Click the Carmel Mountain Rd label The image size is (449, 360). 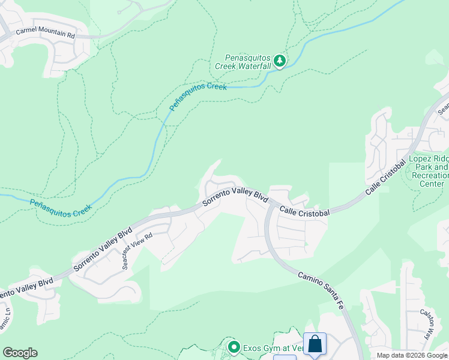pos(46,34)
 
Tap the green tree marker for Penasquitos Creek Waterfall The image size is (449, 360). pos(279,61)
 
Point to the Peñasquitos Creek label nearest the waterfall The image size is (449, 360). pos(198,96)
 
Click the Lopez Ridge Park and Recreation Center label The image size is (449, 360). pos(428,171)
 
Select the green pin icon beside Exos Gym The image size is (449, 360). pos(234,347)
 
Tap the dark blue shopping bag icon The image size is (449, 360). pos(315,344)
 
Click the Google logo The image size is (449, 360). pos(20,353)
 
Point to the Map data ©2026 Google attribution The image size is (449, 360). pos(412,355)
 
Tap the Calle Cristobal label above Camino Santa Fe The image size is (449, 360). pos(304,212)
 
